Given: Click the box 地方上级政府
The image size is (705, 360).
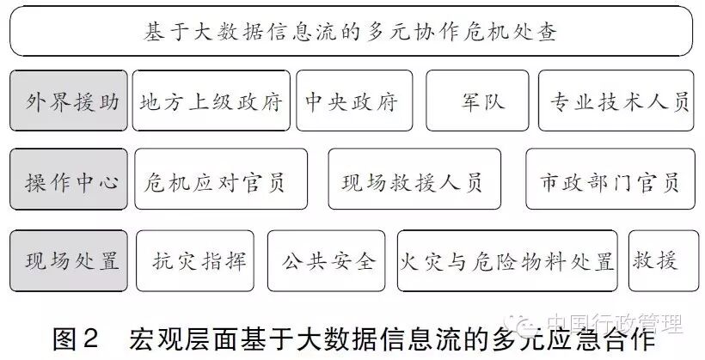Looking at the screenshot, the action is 211,101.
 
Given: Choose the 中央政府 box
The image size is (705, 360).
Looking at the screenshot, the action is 353,101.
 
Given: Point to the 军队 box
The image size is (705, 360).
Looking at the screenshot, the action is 478,101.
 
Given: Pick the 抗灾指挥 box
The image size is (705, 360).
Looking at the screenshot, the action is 196,259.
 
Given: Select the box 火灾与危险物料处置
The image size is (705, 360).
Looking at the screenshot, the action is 507,259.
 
